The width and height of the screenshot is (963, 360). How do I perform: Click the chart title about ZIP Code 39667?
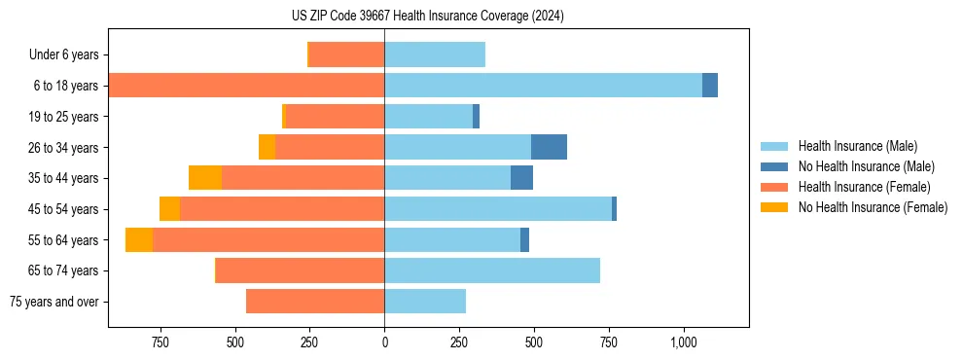(x=427, y=17)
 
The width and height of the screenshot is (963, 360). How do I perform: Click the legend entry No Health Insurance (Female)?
(x=873, y=207)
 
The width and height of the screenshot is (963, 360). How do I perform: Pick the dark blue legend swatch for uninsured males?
(x=775, y=166)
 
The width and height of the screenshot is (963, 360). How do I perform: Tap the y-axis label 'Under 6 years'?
(x=63, y=55)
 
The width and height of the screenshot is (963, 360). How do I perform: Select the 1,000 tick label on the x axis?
(x=683, y=342)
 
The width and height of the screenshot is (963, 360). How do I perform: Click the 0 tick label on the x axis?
(x=384, y=342)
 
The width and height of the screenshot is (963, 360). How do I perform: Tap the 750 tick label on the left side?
(x=160, y=342)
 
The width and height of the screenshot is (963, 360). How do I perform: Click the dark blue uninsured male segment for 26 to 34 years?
(x=549, y=147)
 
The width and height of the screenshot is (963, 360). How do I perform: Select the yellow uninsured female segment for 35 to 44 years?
(x=205, y=178)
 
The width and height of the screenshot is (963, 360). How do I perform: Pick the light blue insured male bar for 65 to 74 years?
(x=492, y=270)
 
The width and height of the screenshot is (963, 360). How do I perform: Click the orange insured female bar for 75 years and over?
(x=315, y=302)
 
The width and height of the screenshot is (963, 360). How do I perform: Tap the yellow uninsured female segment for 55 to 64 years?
(x=139, y=240)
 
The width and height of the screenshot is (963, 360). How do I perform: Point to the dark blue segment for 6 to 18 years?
(x=710, y=86)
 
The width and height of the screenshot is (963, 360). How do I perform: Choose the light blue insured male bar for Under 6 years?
(x=435, y=55)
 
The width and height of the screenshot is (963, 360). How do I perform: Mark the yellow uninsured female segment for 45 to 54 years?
(x=169, y=209)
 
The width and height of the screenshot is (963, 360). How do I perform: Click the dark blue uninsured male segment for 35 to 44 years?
(x=521, y=178)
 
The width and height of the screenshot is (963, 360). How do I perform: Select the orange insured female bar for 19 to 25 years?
(x=336, y=117)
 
